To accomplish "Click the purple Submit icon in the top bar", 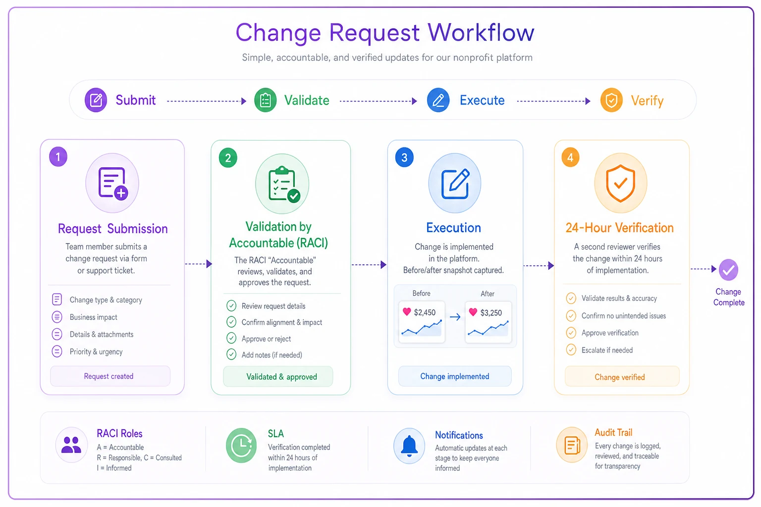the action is [96, 100].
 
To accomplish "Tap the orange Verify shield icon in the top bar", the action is [611, 100].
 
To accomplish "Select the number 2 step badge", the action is [228, 158].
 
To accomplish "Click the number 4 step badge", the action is [570, 157].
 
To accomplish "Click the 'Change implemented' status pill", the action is [454, 376].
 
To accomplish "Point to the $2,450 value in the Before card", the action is [425, 312].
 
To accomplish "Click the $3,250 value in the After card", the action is [491, 313].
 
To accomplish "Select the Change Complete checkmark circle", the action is [728, 270].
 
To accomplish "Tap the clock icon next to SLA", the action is [241, 445].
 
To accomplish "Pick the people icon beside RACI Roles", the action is [71, 445].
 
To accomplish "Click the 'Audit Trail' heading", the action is [613, 432].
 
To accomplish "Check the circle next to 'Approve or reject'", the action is [231, 338].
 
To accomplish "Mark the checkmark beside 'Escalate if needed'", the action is [571, 350].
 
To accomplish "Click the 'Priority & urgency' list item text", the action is [96, 352].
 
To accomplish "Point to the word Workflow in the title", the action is [481, 33].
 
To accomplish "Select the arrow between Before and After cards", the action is [455, 317].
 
